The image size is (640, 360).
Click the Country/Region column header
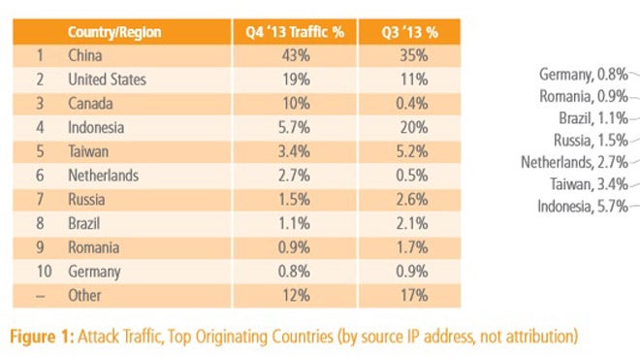[x=114, y=32]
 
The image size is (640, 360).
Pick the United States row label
[x=107, y=80]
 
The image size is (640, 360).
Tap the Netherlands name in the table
[x=103, y=176]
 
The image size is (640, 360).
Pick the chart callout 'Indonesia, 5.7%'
[x=580, y=206]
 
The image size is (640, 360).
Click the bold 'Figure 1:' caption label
[x=44, y=336]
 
